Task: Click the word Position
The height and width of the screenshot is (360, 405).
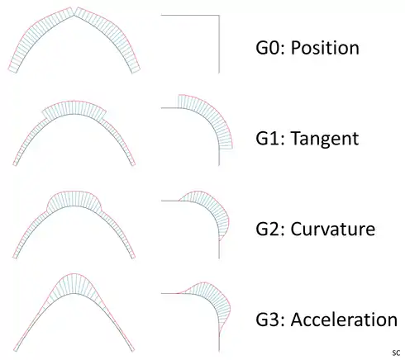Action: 325,48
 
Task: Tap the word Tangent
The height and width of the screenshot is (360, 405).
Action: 325,139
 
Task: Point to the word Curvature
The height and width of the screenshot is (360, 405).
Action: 333,229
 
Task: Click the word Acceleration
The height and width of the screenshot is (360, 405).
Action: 344,320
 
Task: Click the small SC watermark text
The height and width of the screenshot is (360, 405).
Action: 396,353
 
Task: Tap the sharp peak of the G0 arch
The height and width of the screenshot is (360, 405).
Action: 74,16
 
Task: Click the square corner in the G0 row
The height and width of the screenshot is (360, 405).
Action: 219,16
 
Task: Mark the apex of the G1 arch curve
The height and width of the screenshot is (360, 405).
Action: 74,113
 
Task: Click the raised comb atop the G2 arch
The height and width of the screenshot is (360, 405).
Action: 74,199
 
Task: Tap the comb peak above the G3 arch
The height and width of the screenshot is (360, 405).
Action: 74,274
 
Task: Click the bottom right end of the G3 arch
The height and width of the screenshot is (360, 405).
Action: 134,351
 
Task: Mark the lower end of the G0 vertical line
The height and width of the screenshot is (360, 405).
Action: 219,73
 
